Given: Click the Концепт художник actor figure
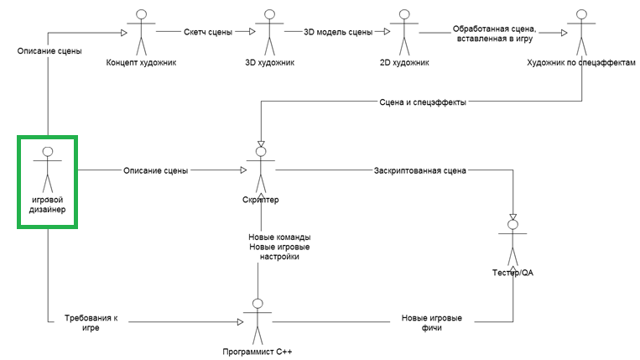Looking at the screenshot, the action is coord(141,33).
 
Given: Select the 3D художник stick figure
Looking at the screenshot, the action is coord(269,33).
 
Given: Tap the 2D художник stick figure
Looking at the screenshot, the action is coord(404,33).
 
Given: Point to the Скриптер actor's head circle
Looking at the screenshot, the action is coord(261,152).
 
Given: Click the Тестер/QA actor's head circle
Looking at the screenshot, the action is coord(513,225).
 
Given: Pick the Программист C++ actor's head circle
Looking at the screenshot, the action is coord(258,304).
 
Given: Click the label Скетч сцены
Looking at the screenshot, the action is coord(208,32).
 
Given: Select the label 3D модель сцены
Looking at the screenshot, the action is coord(338,32).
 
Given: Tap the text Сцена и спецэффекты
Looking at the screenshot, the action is coord(423,102).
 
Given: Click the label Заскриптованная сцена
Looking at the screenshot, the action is coord(420,170).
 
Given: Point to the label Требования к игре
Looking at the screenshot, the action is coord(91,322).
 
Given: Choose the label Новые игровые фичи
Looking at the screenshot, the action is coord(431,322).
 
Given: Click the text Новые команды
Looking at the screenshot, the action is coord(279,237).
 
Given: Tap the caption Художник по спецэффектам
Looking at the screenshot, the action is coord(581,62).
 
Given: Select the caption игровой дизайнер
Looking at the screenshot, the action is coord(47,205).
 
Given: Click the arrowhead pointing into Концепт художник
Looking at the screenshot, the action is coord(124,33).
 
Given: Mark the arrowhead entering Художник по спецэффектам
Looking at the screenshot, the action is coord(564,33).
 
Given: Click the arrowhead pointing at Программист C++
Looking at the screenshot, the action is coord(241,322).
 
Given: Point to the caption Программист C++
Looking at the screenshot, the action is coord(258,352).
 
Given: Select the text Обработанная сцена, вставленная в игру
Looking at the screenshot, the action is coord(494,34).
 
